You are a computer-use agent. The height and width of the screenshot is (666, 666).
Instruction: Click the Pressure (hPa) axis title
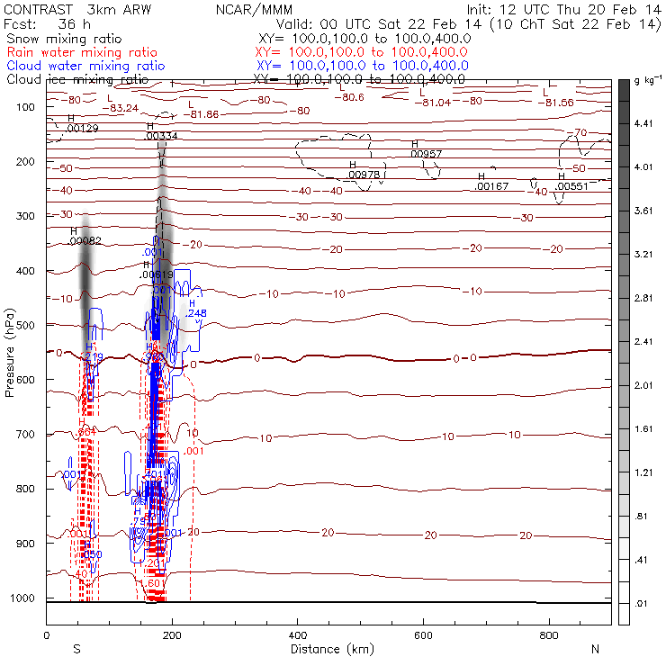coord(10,351)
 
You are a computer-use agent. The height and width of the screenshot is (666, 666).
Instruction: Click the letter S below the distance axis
coord(77,649)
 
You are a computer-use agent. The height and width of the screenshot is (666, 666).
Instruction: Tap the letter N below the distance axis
coord(595,649)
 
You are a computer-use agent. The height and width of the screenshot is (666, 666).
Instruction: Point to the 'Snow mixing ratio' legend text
coord(60,40)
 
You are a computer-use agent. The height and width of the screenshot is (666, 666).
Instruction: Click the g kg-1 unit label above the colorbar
coord(647,82)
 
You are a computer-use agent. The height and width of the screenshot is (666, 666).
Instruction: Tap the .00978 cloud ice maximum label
coord(364,174)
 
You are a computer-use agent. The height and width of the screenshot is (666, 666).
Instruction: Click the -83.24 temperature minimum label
coord(121,108)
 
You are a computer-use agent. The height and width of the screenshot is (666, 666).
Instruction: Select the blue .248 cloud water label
coord(197,312)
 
